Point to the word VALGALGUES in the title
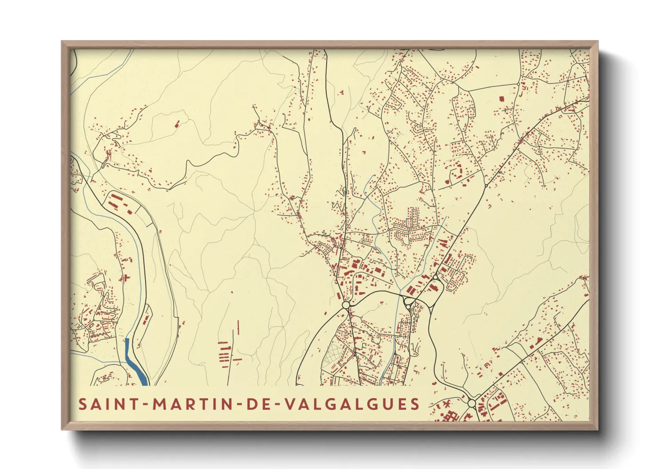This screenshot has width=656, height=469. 351,404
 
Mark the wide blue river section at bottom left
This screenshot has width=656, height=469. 135,363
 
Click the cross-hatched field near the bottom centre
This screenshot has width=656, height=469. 335,355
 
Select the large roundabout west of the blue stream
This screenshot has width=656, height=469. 346,305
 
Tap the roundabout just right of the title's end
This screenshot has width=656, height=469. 471,403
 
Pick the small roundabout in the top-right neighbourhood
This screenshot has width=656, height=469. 518,84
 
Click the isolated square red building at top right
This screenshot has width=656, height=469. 502,99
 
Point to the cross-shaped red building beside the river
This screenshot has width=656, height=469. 127,278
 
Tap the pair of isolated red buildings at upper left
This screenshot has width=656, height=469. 176,123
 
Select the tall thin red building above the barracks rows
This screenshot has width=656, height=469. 238,327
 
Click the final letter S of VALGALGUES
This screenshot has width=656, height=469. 415,404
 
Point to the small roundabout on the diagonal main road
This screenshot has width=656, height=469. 486,185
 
